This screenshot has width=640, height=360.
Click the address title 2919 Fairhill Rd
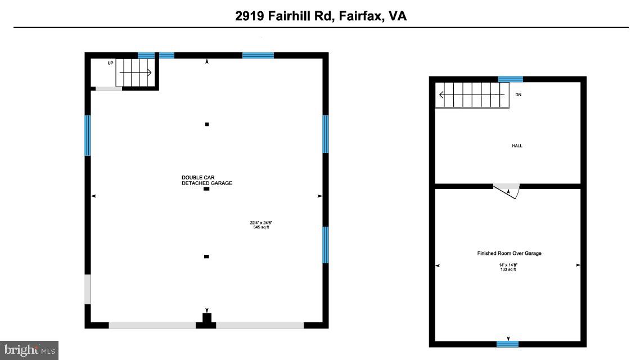click(x=321, y=16)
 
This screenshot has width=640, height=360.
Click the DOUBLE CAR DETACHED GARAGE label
click(x=206, y=181)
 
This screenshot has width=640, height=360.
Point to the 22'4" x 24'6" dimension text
click(x=262, y=223)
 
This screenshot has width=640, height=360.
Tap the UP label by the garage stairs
click(x=110, y=63)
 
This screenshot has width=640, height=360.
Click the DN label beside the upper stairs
click(x=518, y=94)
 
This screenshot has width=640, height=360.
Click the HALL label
click(x=517, y=146)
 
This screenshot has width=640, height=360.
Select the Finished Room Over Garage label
click(x=509, y=253)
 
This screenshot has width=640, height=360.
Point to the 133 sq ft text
click(x=508, y=270)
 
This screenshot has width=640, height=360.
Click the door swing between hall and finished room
click(x=507, y=190)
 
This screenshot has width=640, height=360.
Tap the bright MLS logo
click(x=29, y=350)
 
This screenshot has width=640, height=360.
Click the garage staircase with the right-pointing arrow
click(x=136, y=73)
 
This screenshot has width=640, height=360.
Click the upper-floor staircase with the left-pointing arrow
click(x=472, y=94)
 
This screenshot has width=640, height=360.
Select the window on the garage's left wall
click(x=88, y=135)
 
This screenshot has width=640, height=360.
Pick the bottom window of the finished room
click(x=507, y=344)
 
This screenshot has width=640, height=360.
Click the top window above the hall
click(x=511, y=79)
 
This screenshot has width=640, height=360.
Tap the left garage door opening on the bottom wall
click(x=152, y=325)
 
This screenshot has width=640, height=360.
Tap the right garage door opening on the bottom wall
click(x=260, y=325)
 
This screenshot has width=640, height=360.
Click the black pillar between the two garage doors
click(x=206, y=320)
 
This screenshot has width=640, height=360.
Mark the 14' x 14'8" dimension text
click(x=508, y=265)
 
